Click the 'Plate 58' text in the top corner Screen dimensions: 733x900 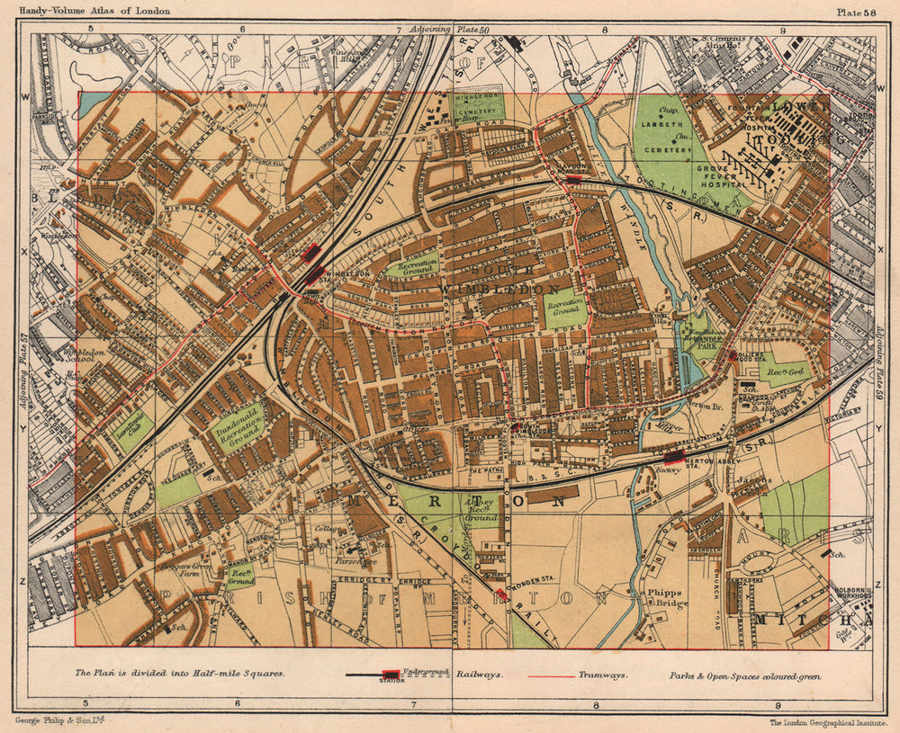click(856, 12)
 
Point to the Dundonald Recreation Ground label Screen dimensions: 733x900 click(238, 427)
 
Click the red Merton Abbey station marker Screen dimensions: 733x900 click(672, 456)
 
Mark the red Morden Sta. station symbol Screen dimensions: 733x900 click(501, 594)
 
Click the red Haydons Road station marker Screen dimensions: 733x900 click(573, 180)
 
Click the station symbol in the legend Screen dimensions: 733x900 click(389, 675)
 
